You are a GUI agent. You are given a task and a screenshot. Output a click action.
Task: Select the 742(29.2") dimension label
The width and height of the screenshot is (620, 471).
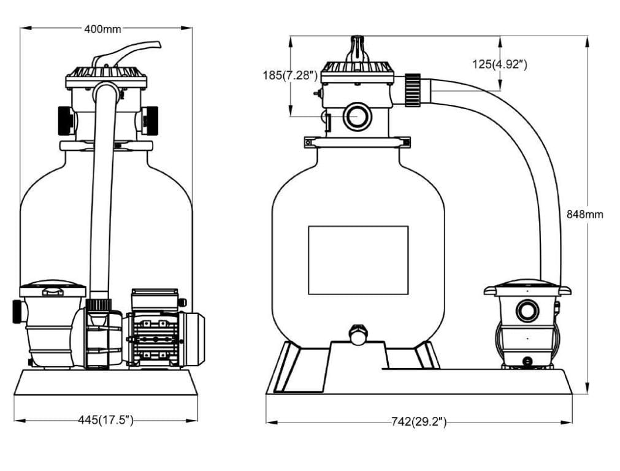click(418, 421)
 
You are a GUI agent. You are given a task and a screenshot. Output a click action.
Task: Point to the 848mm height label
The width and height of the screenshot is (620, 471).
click(584, 214)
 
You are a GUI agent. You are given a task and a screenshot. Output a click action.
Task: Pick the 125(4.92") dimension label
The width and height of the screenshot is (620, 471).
click(500, 63)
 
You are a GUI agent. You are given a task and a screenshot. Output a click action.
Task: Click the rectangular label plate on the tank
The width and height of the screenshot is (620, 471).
click(358, 259)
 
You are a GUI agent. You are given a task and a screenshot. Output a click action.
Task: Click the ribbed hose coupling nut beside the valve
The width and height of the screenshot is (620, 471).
click(412, 90)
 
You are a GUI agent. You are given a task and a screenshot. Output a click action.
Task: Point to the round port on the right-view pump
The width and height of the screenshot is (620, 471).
click(526, 311)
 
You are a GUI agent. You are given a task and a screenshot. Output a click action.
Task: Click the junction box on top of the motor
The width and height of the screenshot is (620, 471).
click(154, 300)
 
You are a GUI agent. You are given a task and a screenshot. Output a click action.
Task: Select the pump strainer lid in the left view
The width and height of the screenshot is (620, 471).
click(52, 288)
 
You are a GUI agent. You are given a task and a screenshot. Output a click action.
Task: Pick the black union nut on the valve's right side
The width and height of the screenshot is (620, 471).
click(149, 120)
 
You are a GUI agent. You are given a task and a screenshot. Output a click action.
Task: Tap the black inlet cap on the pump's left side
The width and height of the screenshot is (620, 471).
click(17, 311)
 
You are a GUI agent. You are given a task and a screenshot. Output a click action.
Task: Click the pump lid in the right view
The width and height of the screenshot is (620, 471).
click(527, 287)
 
